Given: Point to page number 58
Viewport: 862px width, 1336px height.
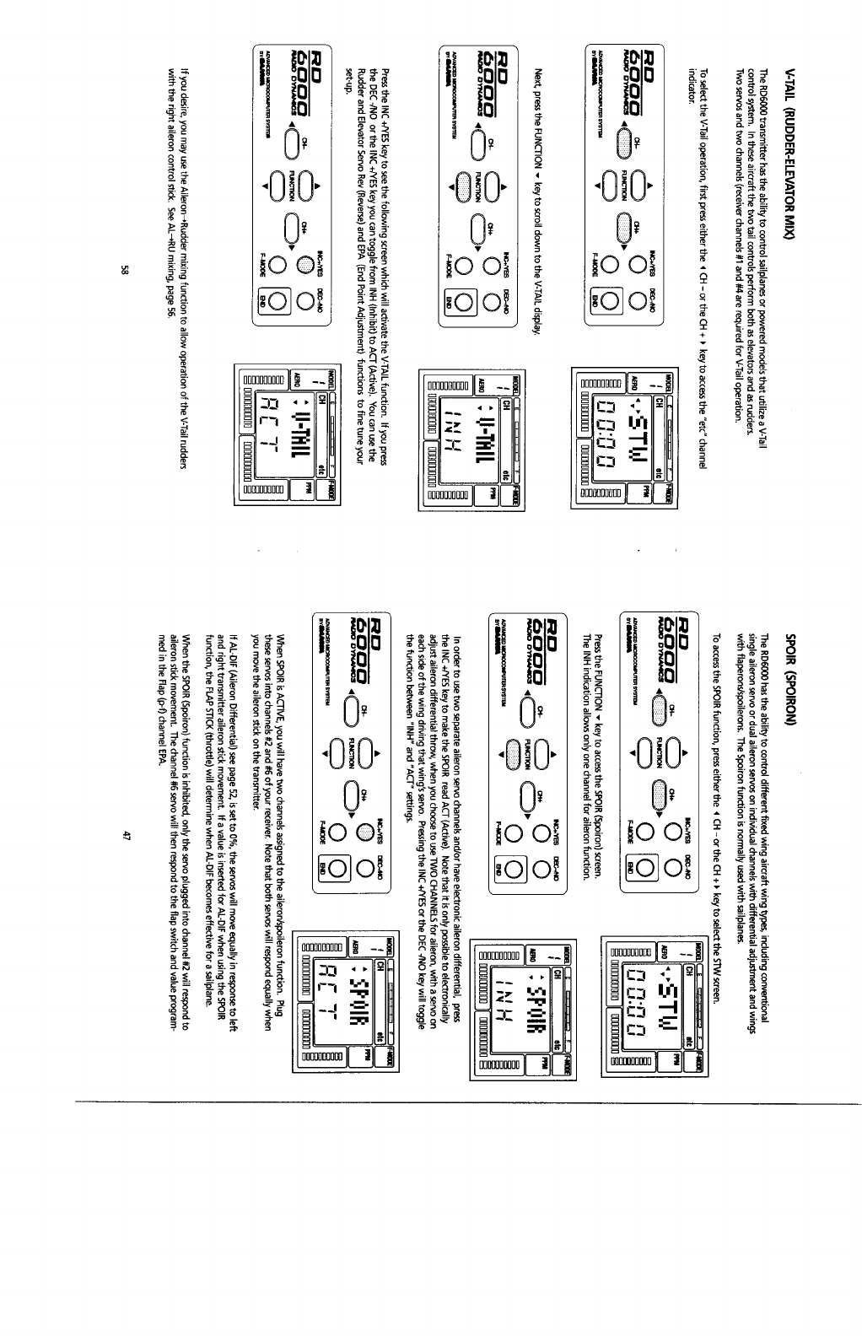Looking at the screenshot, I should coord(124,270).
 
